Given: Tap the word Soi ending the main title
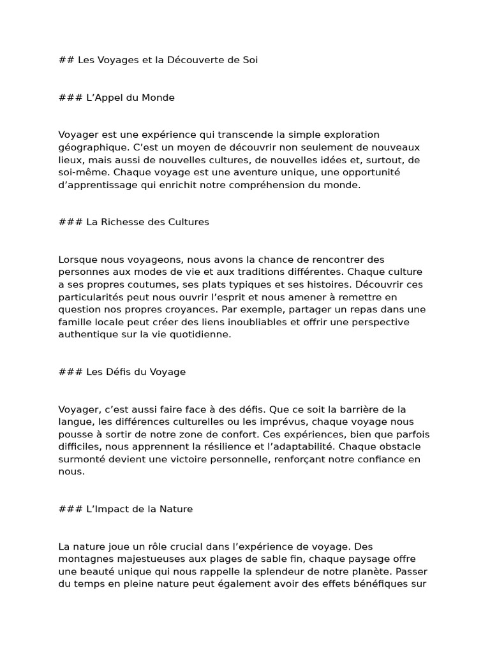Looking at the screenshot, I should tap(249, 60).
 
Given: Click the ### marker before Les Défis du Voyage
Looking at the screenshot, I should tap(70, 372).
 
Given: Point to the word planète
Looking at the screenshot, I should tap(359, 572).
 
